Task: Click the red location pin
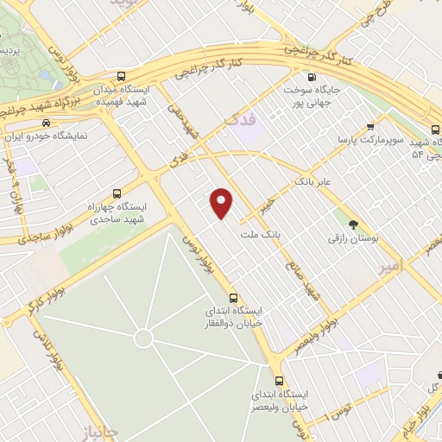click(223, 203)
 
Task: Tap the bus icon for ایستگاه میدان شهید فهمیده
click(123, 76)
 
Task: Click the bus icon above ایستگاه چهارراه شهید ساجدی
click(117, 193)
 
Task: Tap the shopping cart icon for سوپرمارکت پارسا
click(370, 125)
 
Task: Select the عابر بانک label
click(313, 182)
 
